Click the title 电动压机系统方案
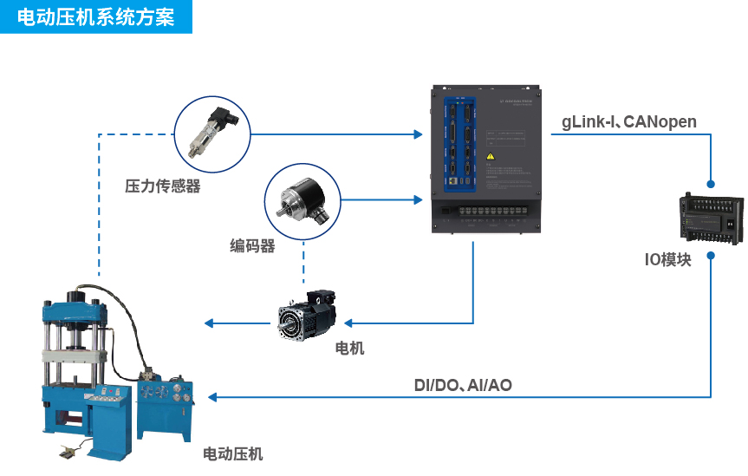(x=95, y=16)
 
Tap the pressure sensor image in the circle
(x=212, y=134)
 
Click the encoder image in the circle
(x=302, y=200)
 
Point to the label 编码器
(x=252, y=246)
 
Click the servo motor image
(x=309, y=318)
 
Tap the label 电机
(x=349, y=348)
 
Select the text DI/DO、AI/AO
(x=462, y=384)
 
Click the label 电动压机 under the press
(x=232, y=453)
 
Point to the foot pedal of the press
(x=68, y=450)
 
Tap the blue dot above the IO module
(x=711, y=185)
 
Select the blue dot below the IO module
(x=711, y=256)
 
